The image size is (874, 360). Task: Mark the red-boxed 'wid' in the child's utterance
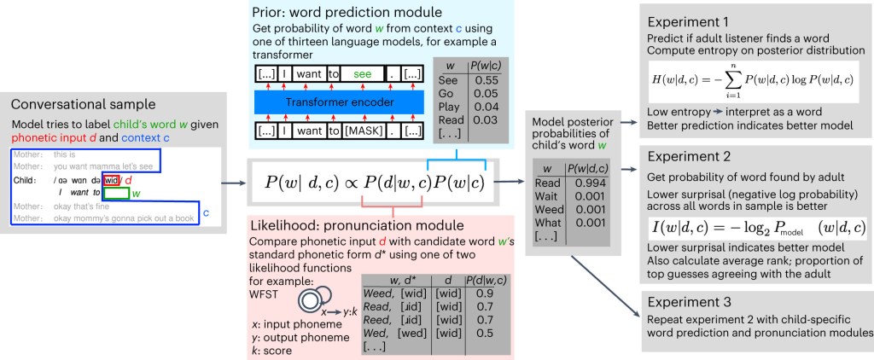[x=111, y=181]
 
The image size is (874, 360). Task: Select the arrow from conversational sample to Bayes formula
[x=233, y=182]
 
